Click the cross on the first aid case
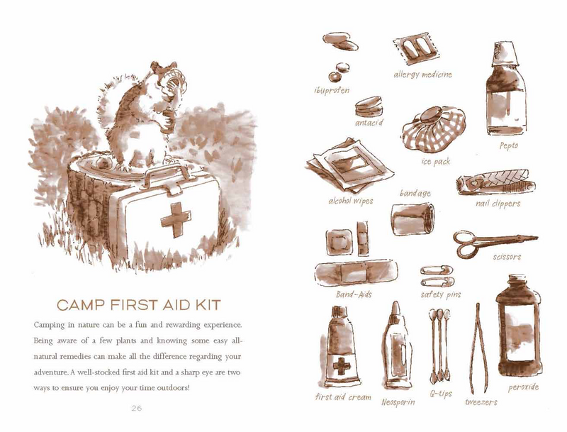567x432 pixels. [x=175, y=216]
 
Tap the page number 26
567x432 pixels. [x=137, y=408]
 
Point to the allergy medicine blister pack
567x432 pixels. [x=415, y=52]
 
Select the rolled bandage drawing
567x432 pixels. [x=412, y=217]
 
